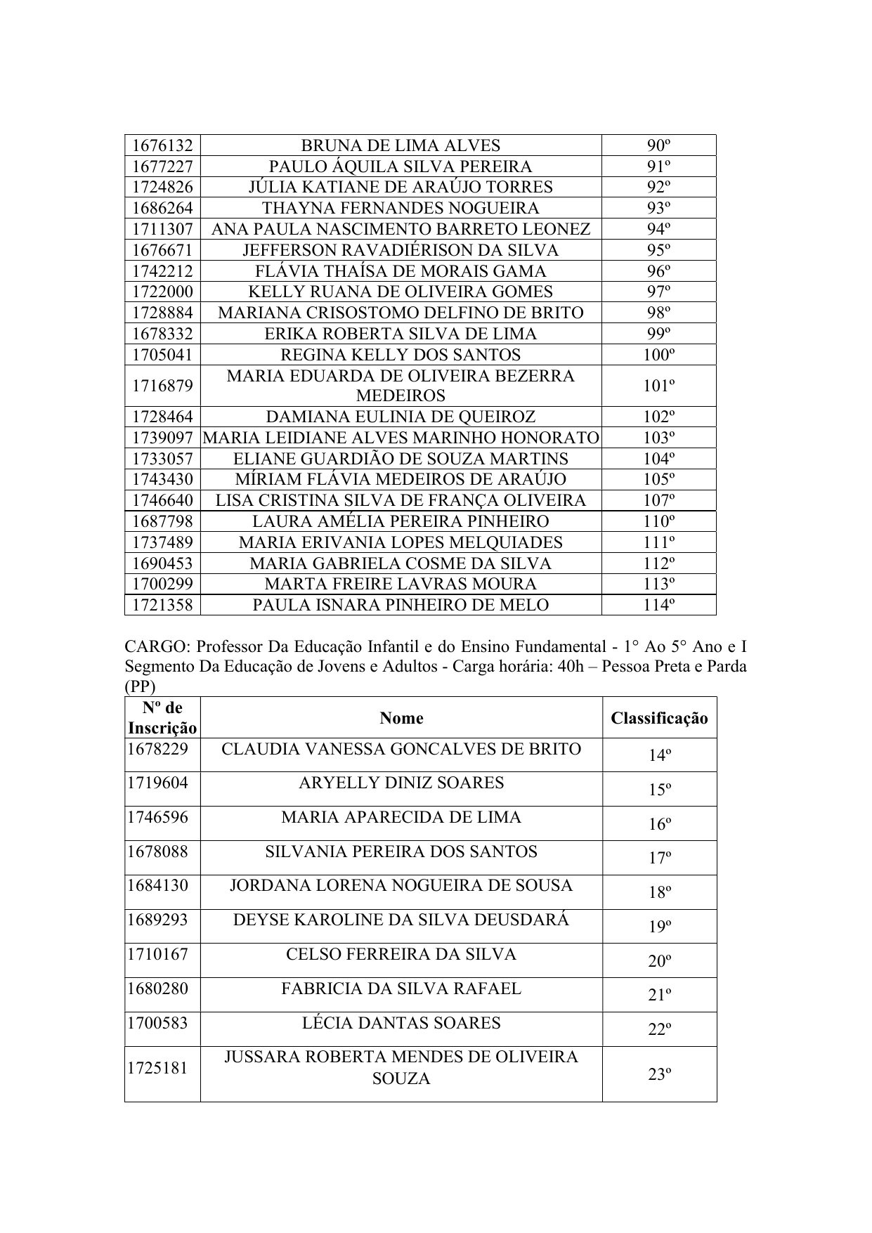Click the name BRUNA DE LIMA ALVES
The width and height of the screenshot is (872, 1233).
pos(401,145)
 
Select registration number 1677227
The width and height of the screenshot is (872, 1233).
pos(162,167)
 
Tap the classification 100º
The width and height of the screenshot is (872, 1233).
pos(658,355)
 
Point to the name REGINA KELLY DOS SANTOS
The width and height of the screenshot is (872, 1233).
pos(401,355)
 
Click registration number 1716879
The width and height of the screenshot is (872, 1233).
pos(162,386)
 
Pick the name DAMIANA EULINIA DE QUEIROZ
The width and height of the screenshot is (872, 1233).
pos(401,417)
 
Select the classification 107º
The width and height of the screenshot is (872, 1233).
pos(658,500)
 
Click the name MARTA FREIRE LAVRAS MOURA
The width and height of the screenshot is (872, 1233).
pos(401,584)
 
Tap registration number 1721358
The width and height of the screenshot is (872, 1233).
pos(162,605)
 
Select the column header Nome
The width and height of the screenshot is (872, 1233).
pos(401,717)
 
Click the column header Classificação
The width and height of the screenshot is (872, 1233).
pos(659,718)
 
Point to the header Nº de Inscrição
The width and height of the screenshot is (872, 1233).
pos(162,718)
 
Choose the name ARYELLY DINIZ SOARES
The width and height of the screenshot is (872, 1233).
pos(401,783)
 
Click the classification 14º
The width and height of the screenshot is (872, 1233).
pos(659,755)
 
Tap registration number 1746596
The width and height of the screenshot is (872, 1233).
pos(157,817)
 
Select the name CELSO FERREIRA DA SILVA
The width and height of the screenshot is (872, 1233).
pos(401,954)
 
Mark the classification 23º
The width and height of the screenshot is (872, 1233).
pos(659,1074)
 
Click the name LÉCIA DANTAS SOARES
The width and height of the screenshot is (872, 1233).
pos(401,1023)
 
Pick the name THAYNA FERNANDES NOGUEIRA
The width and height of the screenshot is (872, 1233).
pos(401,208)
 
